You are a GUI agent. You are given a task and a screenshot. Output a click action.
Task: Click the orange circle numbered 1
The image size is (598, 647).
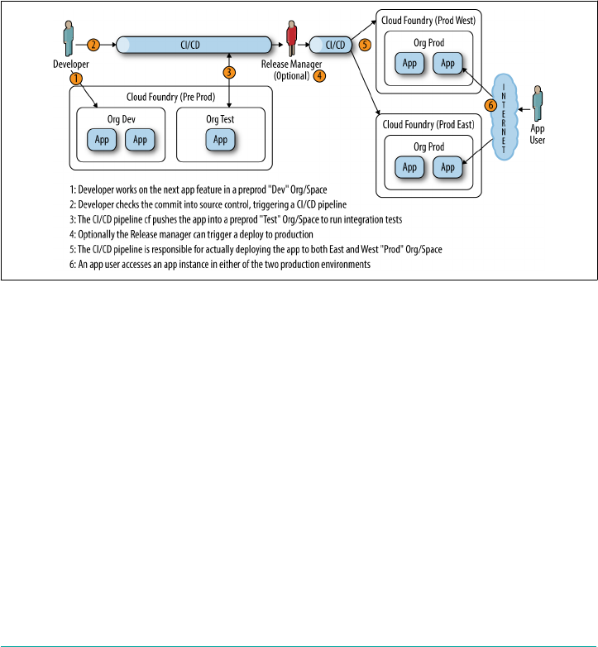click(x=76, y=79)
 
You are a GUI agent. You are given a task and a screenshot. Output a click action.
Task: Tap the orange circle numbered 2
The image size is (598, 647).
click(x=93, y=45)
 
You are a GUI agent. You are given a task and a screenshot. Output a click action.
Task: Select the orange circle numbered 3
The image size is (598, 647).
click(x=229, y=73)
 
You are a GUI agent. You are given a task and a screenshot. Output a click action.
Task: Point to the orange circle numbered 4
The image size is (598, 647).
click(x=319, y=76)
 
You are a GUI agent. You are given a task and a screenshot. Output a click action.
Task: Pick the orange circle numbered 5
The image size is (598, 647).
click(x=365, y=45)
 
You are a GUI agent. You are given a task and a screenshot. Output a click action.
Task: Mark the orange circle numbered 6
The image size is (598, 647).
click(x=490, y=105)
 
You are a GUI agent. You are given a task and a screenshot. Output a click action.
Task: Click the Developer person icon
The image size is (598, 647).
click(x=69, y=38)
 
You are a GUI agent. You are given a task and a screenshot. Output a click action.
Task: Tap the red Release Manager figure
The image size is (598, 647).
click(x=292, y=38)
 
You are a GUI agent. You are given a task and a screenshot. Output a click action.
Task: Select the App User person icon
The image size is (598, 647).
click(x=537, y=103)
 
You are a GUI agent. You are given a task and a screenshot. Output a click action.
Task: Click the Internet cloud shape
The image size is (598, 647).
click(x=504, y=117)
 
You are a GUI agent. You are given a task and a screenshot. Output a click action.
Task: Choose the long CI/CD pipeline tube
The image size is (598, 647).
click(x=194, y=45)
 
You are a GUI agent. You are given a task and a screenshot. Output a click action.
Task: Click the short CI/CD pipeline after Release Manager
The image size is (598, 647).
click(x=330, y=45)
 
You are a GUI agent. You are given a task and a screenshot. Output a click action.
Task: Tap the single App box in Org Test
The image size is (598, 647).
click(x=220, y=140)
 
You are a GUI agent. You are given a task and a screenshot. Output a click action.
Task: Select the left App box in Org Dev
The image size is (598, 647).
click(x=102, y=140)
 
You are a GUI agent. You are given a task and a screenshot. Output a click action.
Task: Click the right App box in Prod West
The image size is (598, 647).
click(x=447, y=63)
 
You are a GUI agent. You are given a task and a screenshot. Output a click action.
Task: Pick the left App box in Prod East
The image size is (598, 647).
click(x=409, y=167)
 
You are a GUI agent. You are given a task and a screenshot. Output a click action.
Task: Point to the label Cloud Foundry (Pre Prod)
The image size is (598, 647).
click(x=170, y=97)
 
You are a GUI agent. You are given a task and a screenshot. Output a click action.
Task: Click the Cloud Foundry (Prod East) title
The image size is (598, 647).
click(x=428, y=125)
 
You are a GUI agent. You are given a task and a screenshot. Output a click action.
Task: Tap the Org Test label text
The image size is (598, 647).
click(x=220, y=119)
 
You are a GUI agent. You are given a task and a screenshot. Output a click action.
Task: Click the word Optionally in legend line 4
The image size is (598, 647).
click(x=97, y=235)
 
